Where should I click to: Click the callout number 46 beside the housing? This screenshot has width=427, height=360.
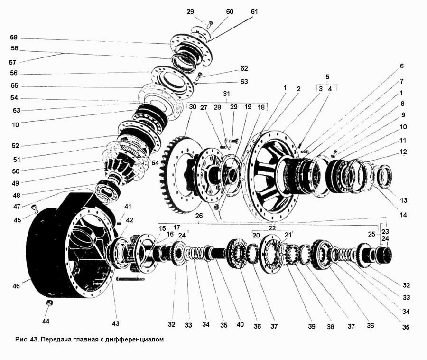16,286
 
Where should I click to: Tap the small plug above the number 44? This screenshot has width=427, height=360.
49,303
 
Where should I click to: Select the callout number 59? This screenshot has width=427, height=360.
14,37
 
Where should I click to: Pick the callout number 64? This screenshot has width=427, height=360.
155,163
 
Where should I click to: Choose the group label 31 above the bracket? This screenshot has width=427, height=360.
226,94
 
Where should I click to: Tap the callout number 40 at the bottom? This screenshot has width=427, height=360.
240,324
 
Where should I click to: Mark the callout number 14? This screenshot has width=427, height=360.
403,215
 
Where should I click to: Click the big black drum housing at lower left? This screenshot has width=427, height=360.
68,245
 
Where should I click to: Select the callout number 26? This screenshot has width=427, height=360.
199,216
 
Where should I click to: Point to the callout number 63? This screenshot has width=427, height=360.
244,82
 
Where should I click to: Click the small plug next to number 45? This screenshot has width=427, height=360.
35,208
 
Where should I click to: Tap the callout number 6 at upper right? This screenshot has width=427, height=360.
402,66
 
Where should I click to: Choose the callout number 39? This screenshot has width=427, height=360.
312,326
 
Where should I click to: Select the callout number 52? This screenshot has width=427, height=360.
15,145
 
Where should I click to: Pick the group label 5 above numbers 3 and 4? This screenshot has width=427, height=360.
327,77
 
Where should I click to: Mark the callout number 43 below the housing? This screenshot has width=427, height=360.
116,323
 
